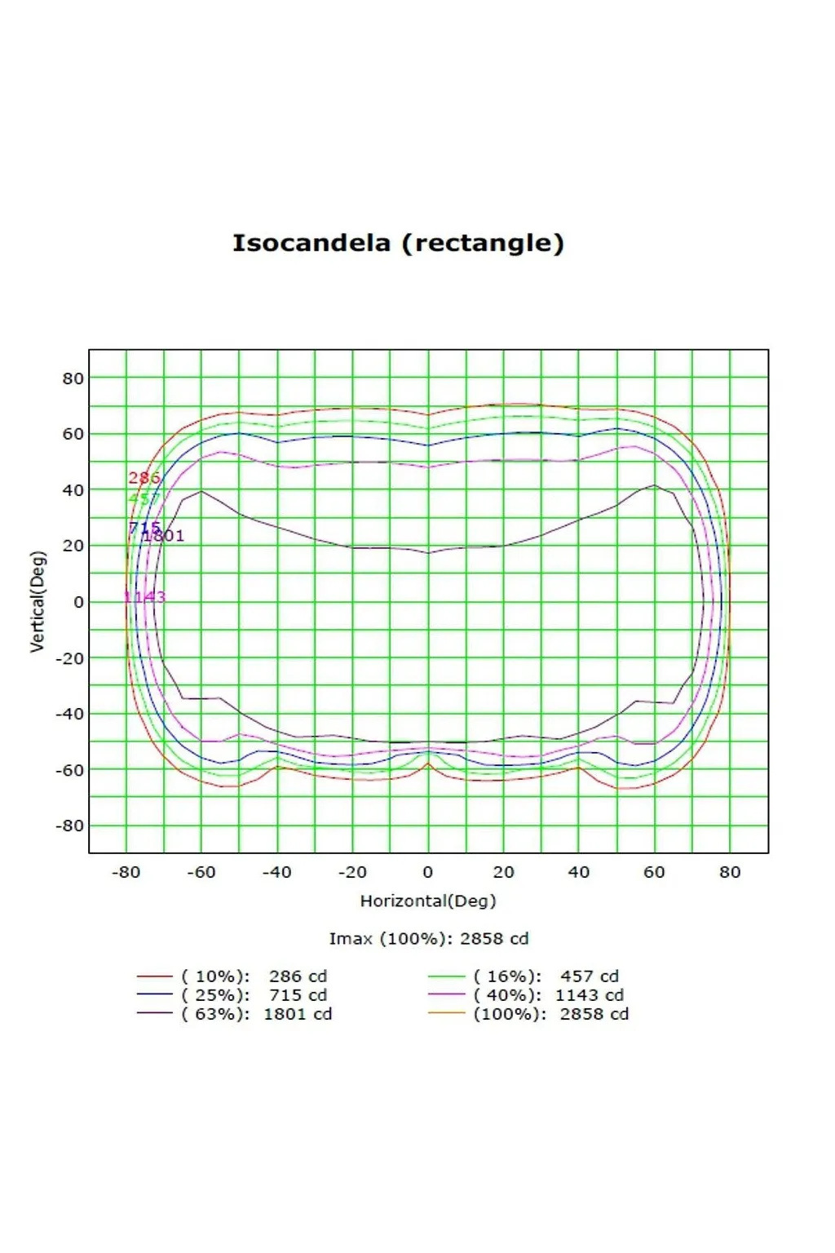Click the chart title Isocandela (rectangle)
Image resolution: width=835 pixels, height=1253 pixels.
(398, 243)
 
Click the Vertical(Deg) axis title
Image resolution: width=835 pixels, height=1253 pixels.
(38, 601)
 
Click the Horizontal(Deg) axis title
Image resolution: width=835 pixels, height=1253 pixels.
(428, 901)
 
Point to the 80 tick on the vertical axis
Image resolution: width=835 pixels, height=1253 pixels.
(73, 379)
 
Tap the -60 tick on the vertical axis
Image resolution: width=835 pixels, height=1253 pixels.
(69, 770)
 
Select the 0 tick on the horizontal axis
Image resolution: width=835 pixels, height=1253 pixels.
(428, 872)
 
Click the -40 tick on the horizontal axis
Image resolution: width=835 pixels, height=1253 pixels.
(276, 872)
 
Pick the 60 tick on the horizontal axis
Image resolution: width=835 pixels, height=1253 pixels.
(654, 872)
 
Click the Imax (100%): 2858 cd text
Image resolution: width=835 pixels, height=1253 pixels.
(429, 939)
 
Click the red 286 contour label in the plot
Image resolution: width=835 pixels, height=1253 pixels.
(144, 478)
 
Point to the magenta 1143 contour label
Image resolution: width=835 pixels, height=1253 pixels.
(145, 597)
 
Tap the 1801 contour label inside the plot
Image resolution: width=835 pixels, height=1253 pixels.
(164, 536)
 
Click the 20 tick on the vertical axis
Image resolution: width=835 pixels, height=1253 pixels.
(73, 546)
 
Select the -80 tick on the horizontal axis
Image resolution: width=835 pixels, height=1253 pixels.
(126, 872)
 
